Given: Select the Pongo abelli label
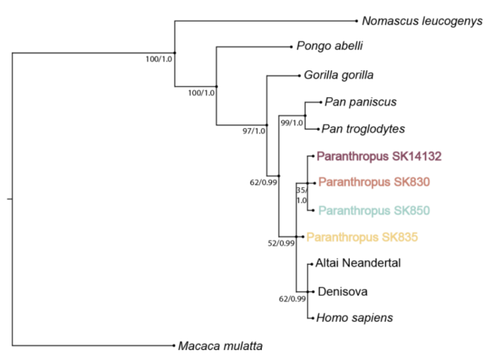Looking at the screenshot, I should [x=330, y=47].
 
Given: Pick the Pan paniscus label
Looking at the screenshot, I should [x=361, y=102].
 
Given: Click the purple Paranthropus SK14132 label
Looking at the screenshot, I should [x=379, y=156].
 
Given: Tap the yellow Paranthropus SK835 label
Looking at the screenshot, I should [x=362, y=236].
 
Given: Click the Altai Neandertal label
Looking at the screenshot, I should [x=358, y=263].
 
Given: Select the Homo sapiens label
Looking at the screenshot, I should [x=355, y=318].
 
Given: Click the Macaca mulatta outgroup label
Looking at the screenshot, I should [x=220, y=346].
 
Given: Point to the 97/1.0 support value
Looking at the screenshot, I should [x=254, y=131].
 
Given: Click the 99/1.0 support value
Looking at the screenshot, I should [x=292, y=123].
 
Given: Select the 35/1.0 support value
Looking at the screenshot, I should [x=301, y=195].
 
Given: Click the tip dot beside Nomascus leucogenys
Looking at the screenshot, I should [x=358, y=21].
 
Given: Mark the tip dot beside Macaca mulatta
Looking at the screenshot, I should [x=174, y=346].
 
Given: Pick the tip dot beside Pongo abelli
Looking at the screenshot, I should [x=292, y=47].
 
